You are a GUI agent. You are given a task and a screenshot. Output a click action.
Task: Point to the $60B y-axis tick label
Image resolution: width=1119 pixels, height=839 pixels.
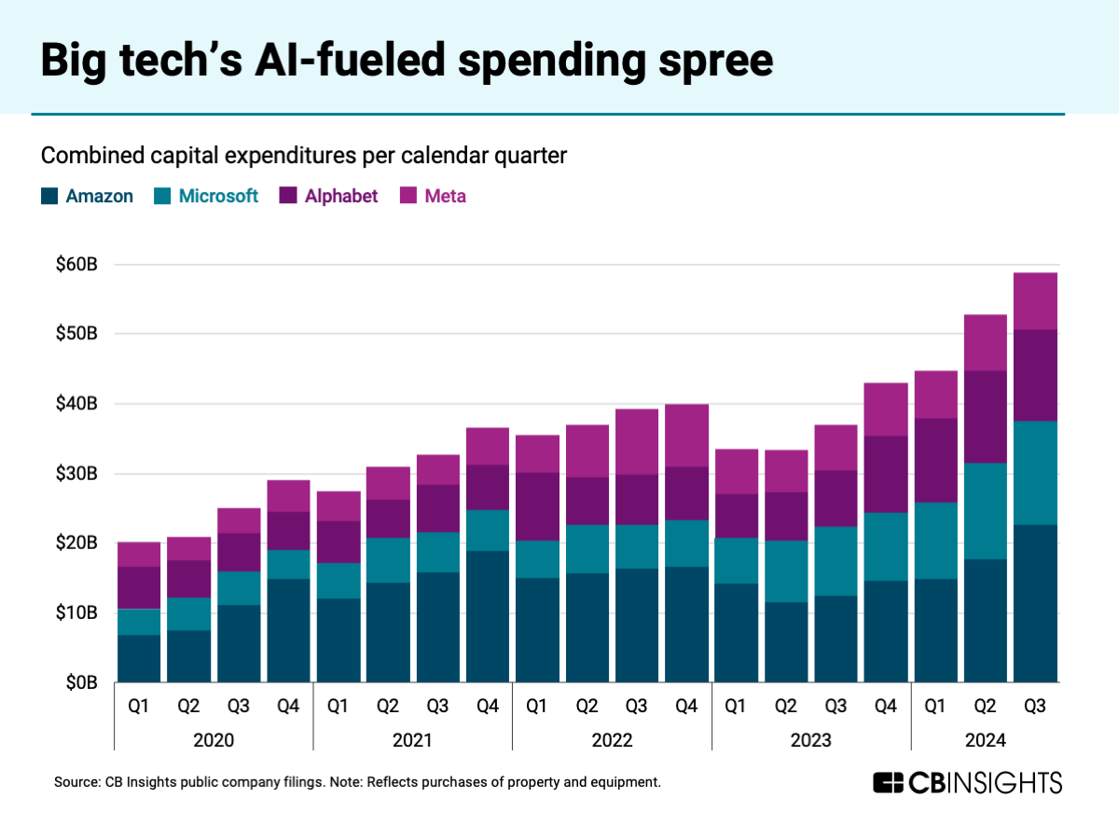(76, 265)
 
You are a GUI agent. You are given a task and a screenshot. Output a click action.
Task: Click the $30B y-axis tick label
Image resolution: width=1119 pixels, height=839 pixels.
(76, 474)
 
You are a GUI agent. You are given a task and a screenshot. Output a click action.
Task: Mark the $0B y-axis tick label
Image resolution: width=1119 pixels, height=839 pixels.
(80, 682)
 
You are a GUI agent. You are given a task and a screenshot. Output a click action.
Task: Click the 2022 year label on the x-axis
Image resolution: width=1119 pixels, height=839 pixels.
(612, 741)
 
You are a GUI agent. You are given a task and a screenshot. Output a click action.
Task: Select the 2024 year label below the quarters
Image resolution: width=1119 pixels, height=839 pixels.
(985, 741)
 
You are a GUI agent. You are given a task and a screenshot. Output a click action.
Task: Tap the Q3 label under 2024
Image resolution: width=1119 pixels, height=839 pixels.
(1035, 707)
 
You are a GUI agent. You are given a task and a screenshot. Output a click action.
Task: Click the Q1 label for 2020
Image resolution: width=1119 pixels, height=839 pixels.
(139, 707)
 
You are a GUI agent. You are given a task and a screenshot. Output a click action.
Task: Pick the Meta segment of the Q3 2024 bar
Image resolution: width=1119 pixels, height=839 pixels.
(1035, 300)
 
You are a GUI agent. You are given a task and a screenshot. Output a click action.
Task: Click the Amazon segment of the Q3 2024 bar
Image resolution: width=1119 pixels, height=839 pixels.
(1035, 603)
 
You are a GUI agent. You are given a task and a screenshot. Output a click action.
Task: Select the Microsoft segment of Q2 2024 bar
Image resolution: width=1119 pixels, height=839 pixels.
(985, 511)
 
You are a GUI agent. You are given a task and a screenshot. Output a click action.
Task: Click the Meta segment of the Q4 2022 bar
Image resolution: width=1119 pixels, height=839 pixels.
(686, 435)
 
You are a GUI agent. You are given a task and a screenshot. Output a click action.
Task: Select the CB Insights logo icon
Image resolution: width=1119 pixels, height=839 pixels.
(889, 782)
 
